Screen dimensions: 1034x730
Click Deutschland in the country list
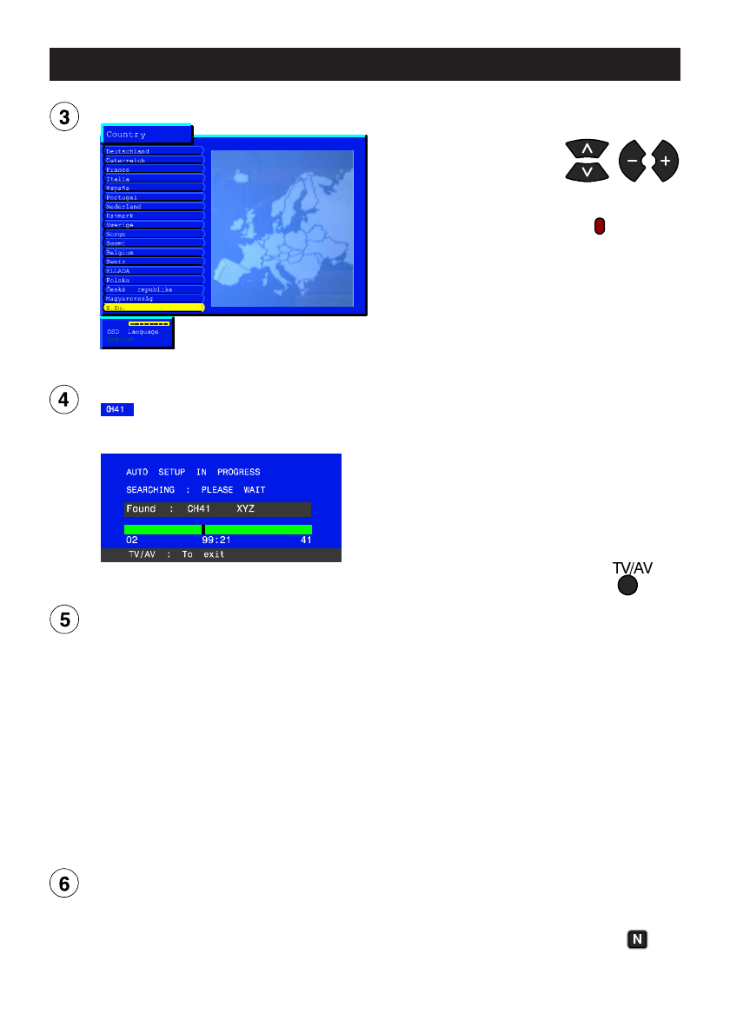128,151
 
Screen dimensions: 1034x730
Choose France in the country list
118,169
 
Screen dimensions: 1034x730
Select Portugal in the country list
122,197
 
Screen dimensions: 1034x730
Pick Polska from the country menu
118,280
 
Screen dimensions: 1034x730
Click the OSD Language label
133,331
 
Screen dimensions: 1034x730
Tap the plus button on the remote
665,162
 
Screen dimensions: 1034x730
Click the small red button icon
600,226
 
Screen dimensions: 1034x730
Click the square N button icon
638,939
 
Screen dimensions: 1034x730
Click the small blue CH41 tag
117,409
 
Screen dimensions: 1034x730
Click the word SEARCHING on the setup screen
150,490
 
